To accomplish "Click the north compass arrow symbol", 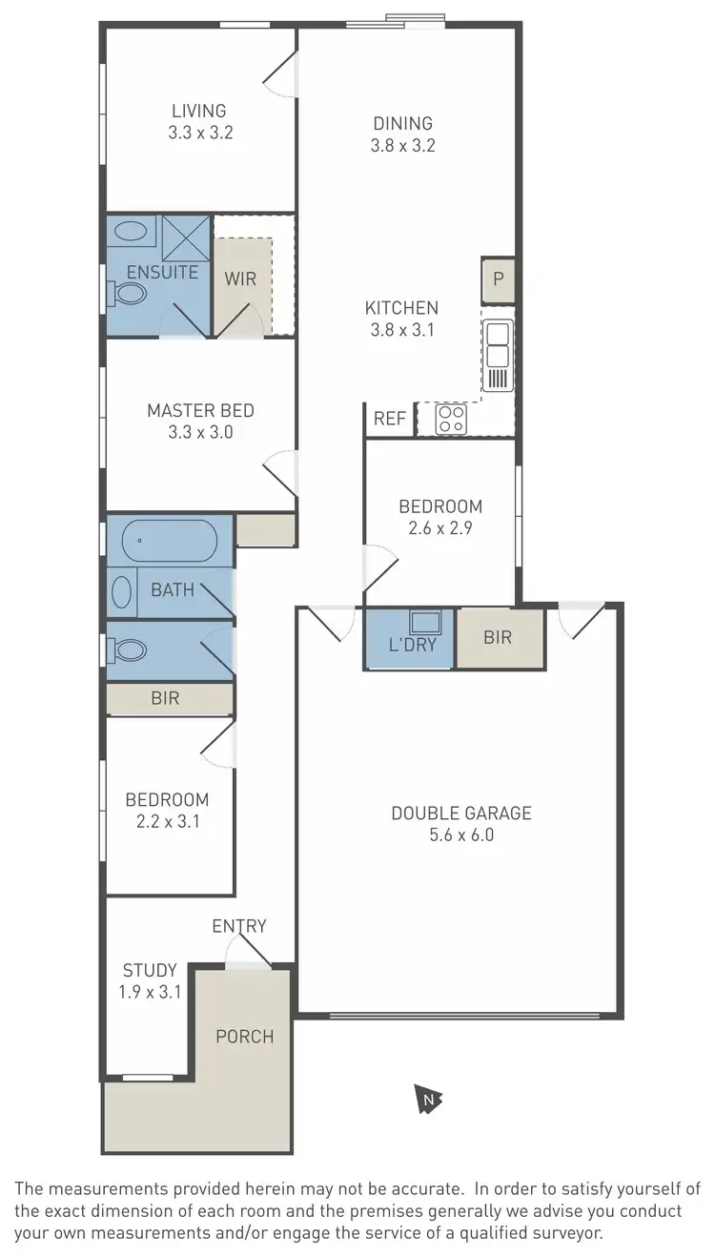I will pos(429,1100).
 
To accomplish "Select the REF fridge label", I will pos(389,419).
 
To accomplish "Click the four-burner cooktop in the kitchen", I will pos(450,419).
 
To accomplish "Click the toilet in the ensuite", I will pos(127,294).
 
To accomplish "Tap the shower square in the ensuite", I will pos(185,237).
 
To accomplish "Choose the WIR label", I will pos(240,279).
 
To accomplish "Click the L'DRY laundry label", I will pos(413,645).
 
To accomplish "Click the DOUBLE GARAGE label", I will pos(461,814).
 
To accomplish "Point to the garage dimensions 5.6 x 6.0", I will pos(461,836).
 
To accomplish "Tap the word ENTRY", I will pos(239,926).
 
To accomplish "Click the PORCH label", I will pos(245,1037).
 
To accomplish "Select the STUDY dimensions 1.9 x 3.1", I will pos(150,992).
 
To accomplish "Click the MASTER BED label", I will pos(200,411).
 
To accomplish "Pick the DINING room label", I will pos(402,123).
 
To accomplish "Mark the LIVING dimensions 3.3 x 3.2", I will pos(200,134).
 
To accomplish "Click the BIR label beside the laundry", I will pos(498,637).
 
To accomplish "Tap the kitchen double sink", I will pos(498,344).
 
